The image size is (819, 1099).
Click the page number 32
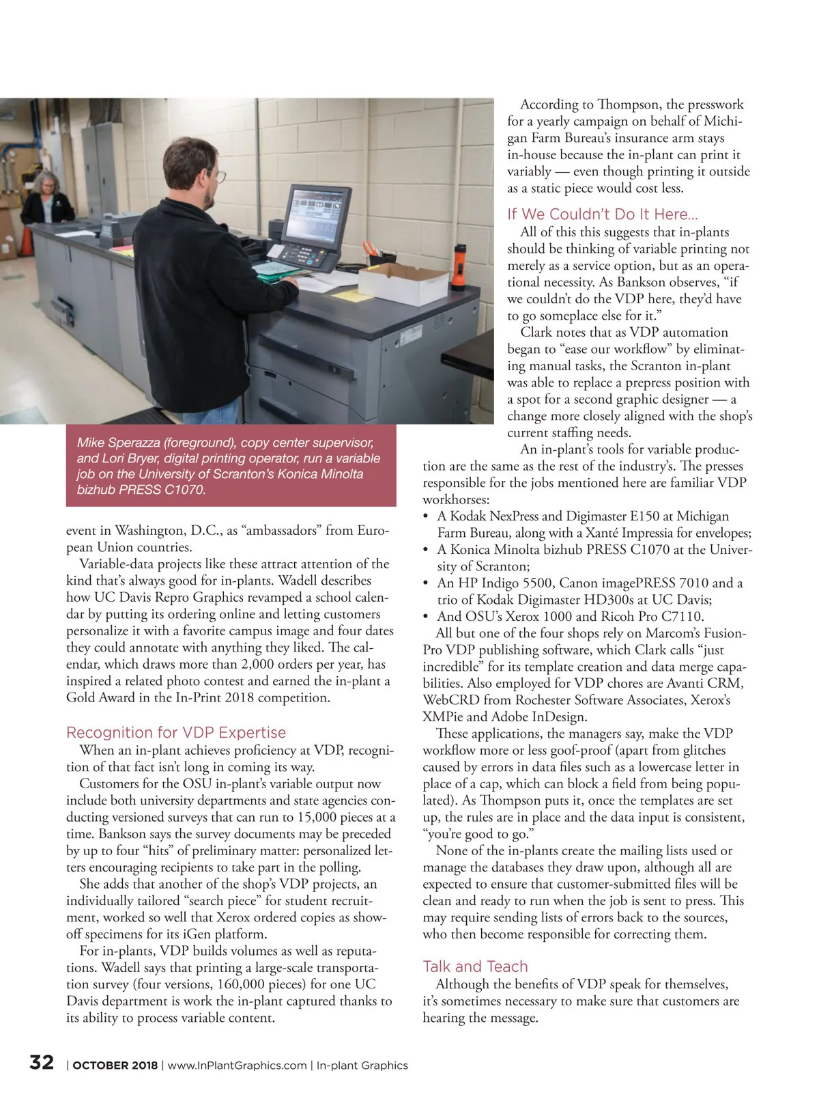coord(42,1062)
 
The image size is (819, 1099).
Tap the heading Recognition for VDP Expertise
coord(176,732)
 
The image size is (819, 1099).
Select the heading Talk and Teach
coord(475,966)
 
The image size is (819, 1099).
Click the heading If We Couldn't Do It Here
coord(602,214)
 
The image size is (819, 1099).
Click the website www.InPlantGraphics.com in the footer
coord(237,1066)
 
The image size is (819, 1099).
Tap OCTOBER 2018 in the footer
coord(115,1066)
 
